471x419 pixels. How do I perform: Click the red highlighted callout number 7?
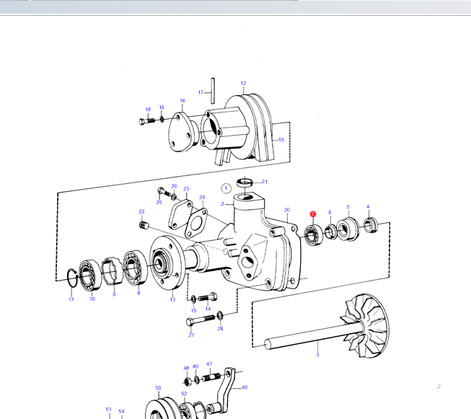[x=313, y=214]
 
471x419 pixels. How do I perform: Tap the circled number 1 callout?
[x=226, y=188]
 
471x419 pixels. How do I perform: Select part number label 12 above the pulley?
[x=243, y=83]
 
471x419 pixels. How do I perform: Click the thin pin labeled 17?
[x=213, y=91]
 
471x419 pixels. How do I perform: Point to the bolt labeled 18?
[x=147, y=121]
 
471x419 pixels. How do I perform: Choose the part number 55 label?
[x=281, y=140]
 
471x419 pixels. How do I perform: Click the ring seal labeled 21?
[x=245, y=182]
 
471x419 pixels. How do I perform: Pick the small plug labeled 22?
[x=144, y=224]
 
